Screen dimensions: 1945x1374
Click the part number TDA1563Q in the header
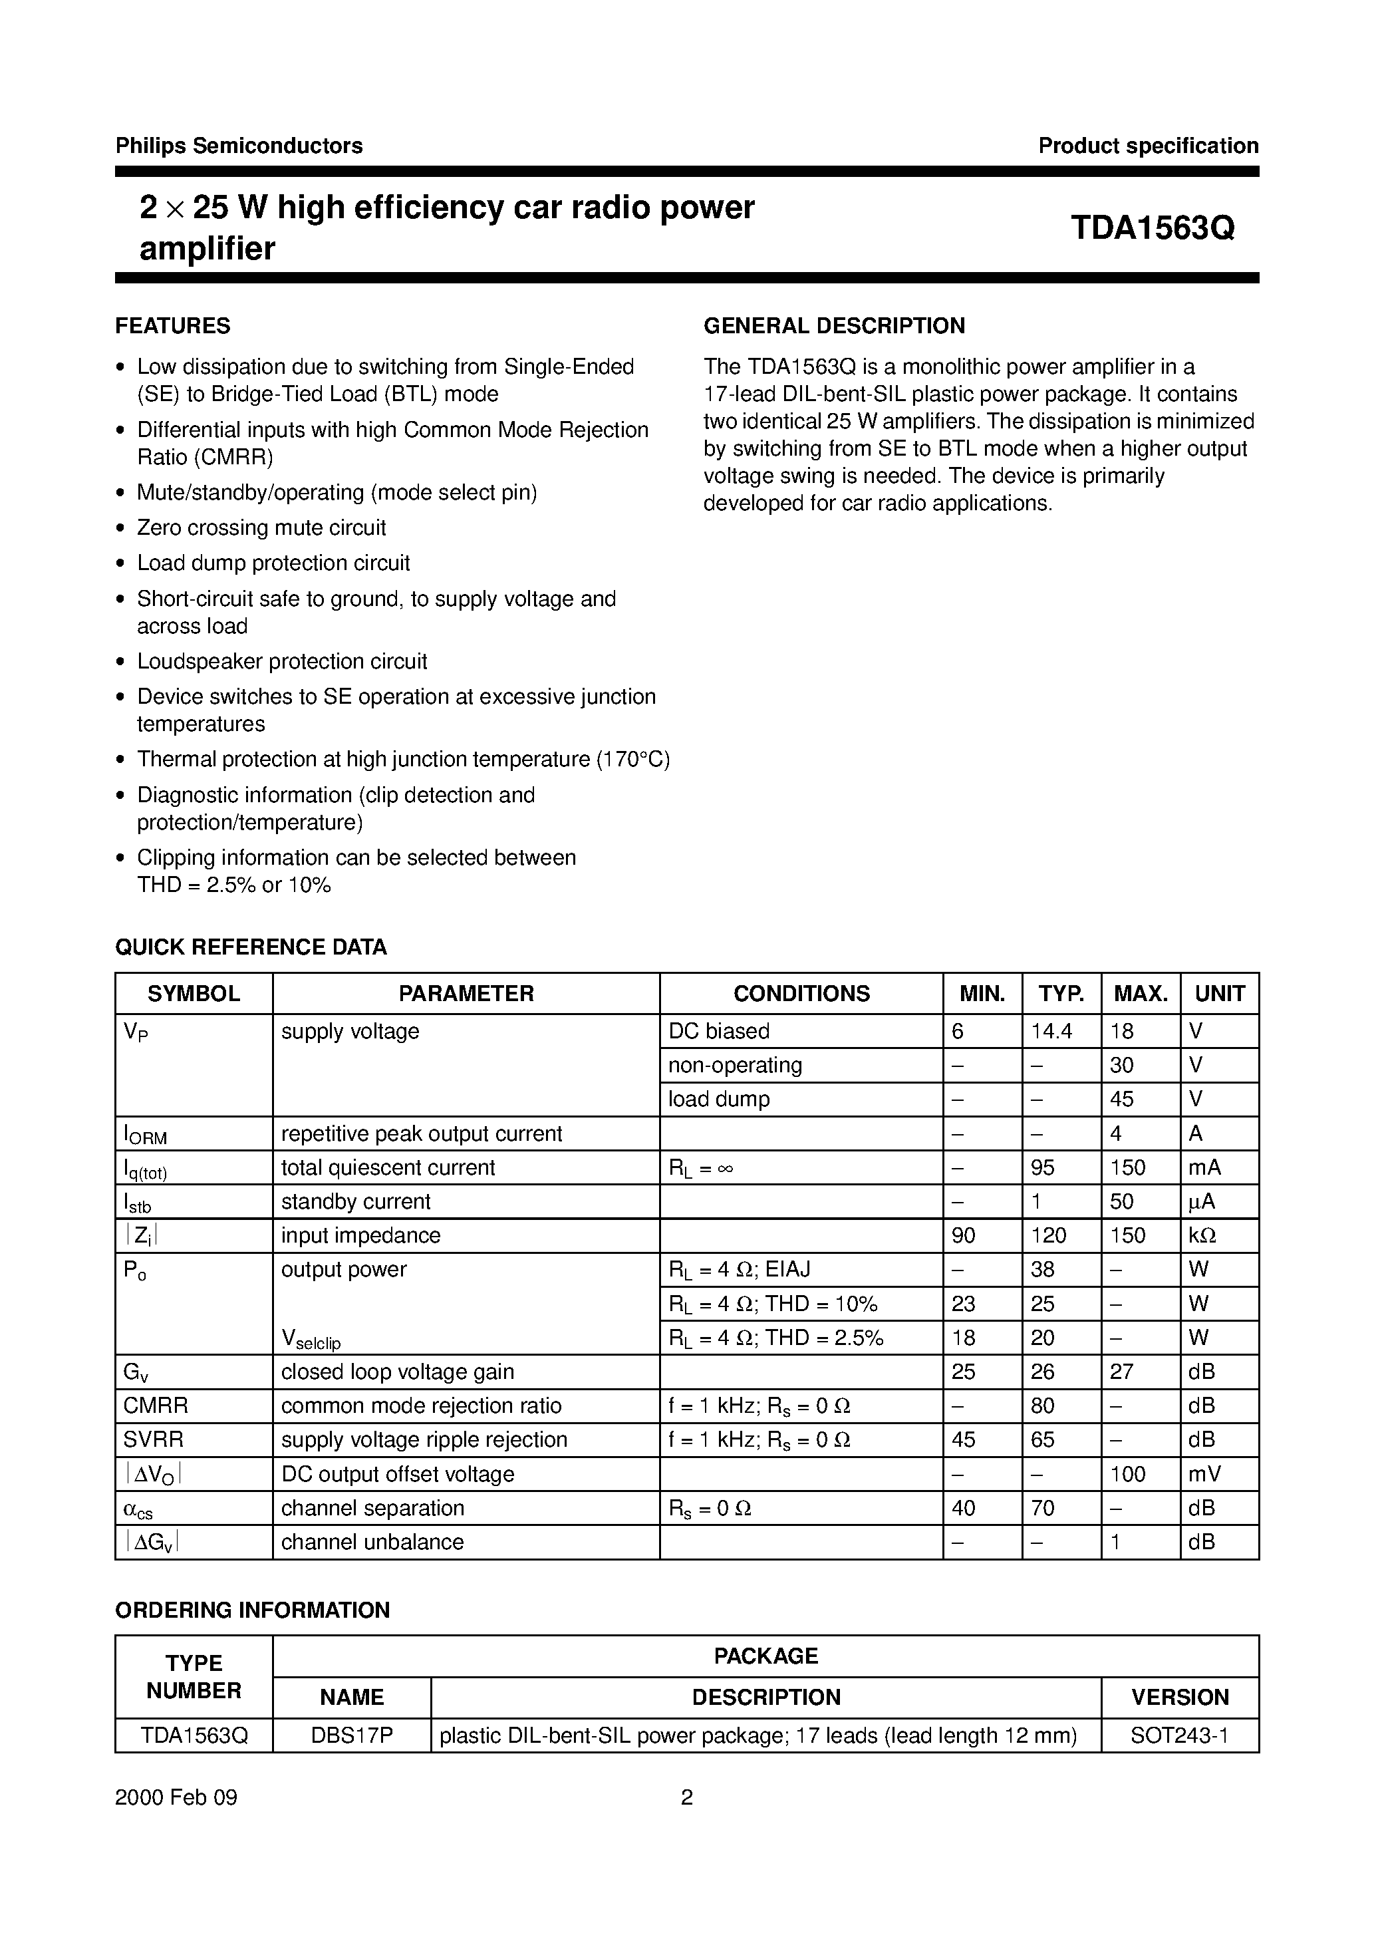click(1151, 228)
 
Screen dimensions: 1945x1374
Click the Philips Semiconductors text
click(239, 146)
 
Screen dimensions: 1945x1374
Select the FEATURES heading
click(173, 326)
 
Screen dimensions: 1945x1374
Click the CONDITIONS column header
click(801, 994)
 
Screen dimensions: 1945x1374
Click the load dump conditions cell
click(718, 1100)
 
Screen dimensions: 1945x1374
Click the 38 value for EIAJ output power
click(1042, 1270)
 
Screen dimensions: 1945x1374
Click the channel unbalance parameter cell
click(372, 1542)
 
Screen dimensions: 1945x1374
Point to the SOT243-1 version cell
click(1179, 1735)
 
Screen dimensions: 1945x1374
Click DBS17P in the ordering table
click(352, 1735)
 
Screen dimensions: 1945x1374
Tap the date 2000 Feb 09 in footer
click(176, 1797)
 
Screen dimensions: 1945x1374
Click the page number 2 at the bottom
click(687, 1797)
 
